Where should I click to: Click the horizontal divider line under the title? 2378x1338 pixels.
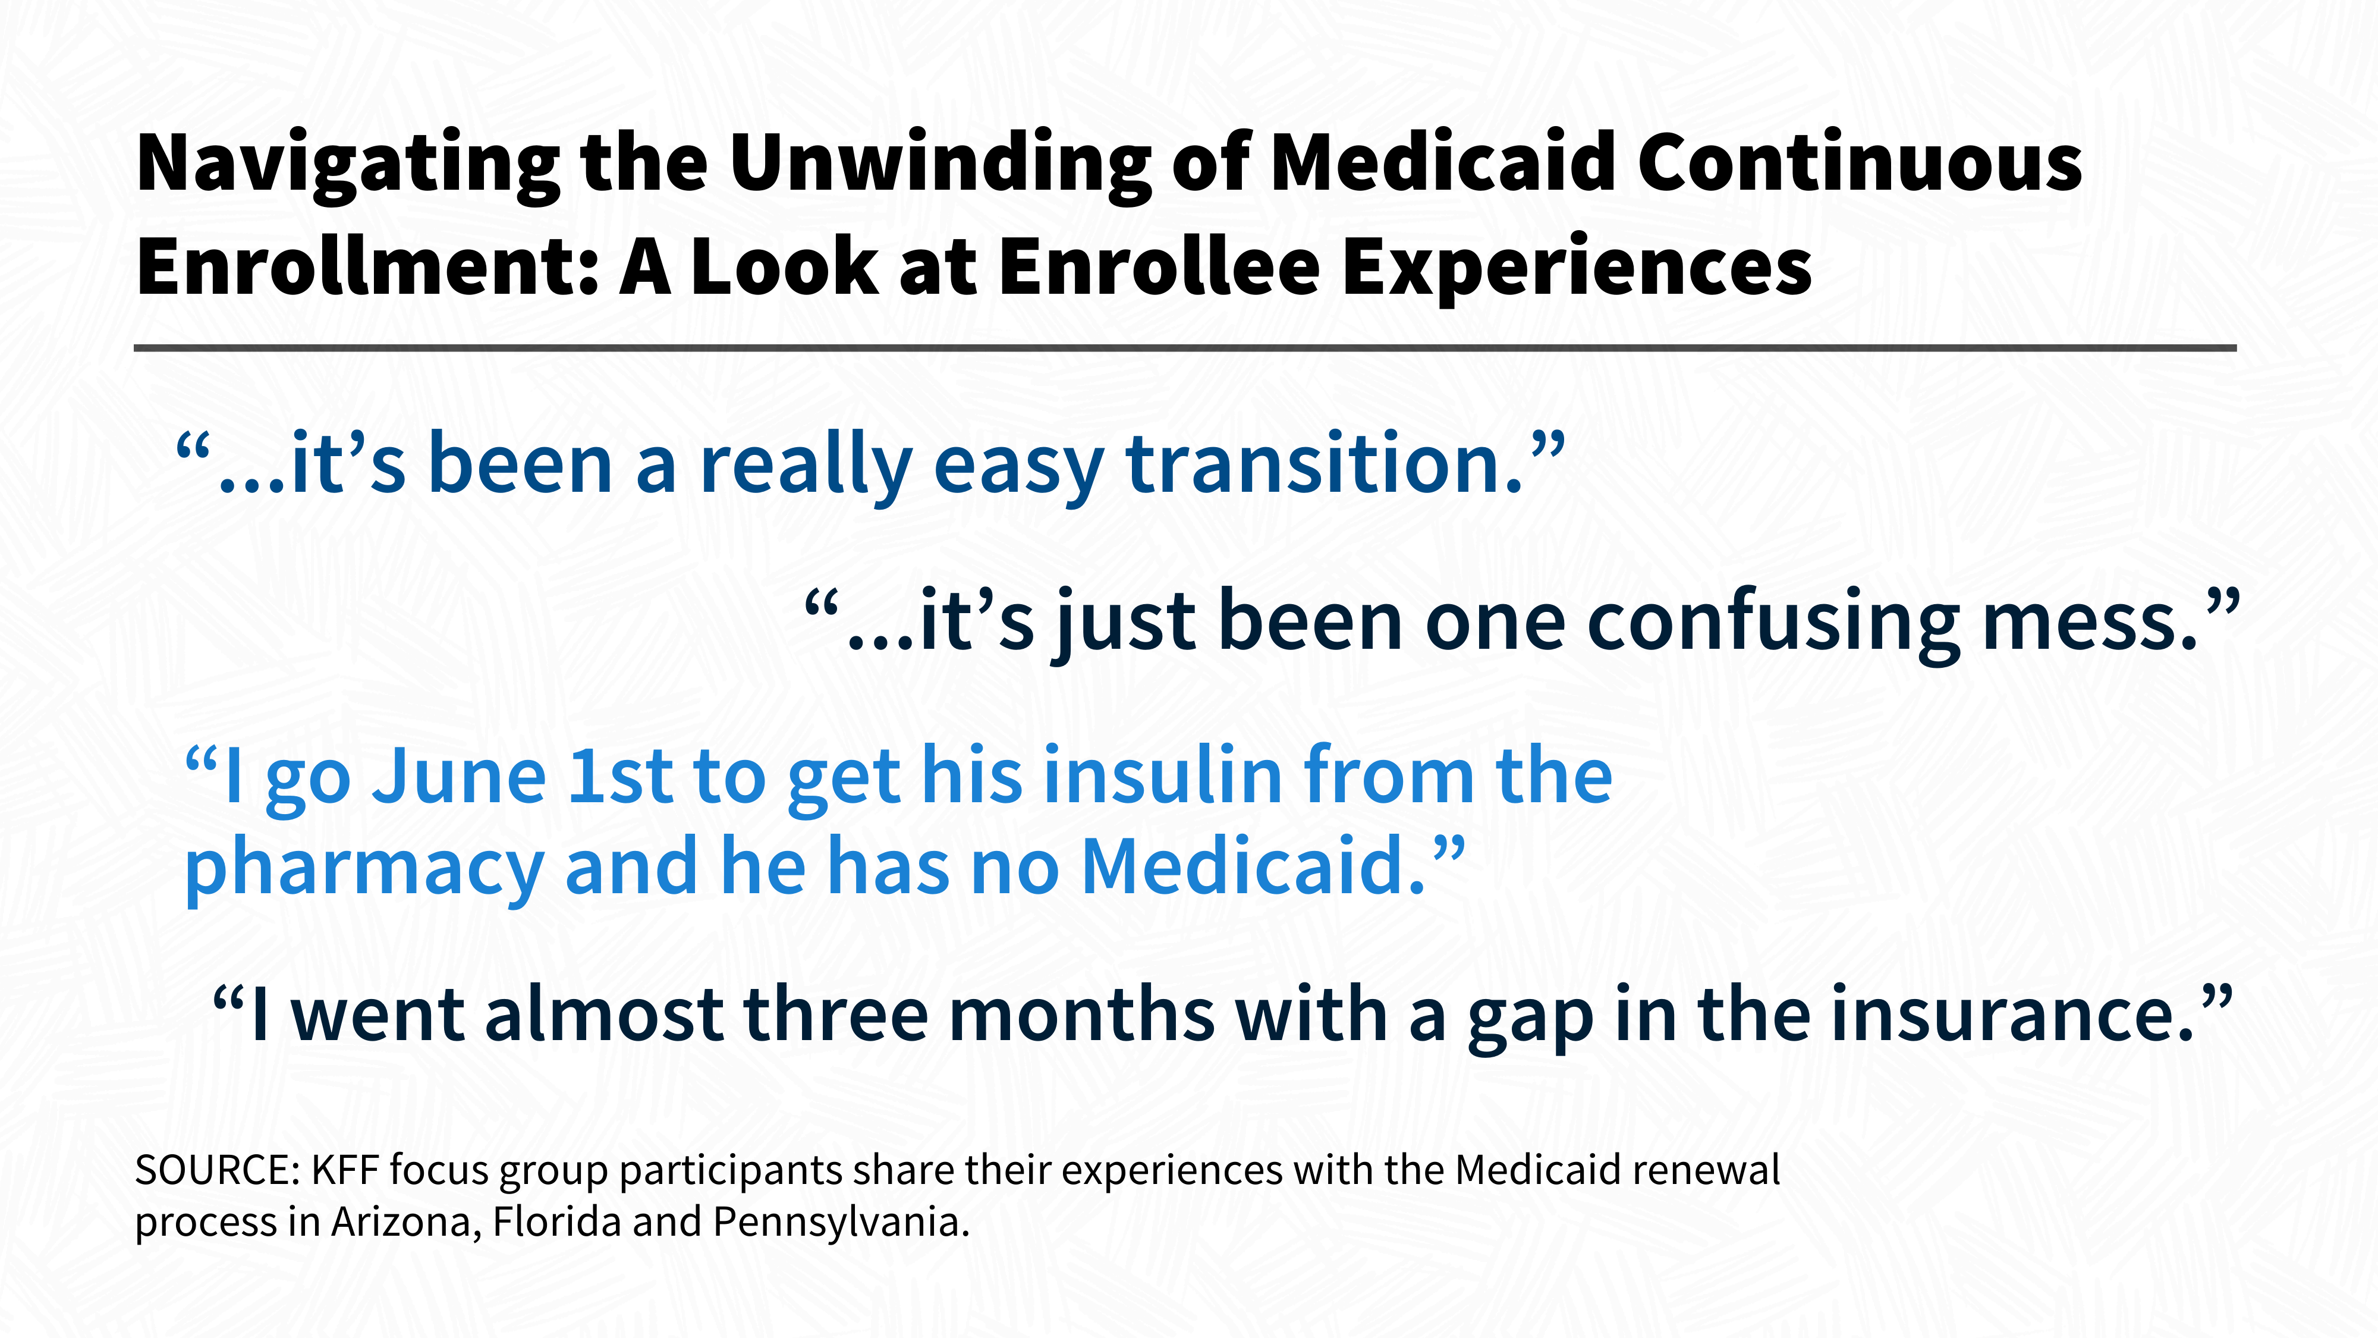click(x=1185, y=348)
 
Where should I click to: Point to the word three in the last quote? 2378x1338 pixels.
click(x=835, y=1013)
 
